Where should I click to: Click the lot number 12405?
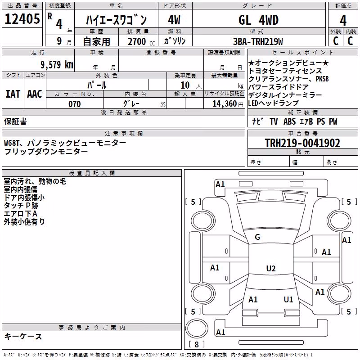[x=22, y=19]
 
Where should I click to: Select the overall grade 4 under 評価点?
[x=343, y=21]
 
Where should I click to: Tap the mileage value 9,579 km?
[x=57, y=65]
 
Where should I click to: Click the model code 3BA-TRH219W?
[x=258, y=41]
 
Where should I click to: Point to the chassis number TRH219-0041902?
[x=302, y=143]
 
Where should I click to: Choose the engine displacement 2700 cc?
[x=141, y=41]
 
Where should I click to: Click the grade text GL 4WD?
[x=258, y=20]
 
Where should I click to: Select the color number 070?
[x=75, y=104]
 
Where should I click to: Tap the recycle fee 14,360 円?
[x=228, y=104]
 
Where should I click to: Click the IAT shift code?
[x=13, y=94]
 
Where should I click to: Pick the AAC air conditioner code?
[x=35, y=94]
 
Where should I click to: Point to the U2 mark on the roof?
[x=271, y=268]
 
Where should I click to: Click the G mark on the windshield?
[x=257, y=237]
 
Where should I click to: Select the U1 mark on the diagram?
[x=288, y=300]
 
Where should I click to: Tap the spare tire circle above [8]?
[x=197, y=328]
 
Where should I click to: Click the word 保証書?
[x=15, y=121]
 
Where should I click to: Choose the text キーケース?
[x=23, y=337]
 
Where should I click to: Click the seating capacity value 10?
[x=185, y=85]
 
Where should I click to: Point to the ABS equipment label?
[x=289, y=121]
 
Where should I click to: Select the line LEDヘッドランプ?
[x=273, y=103]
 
